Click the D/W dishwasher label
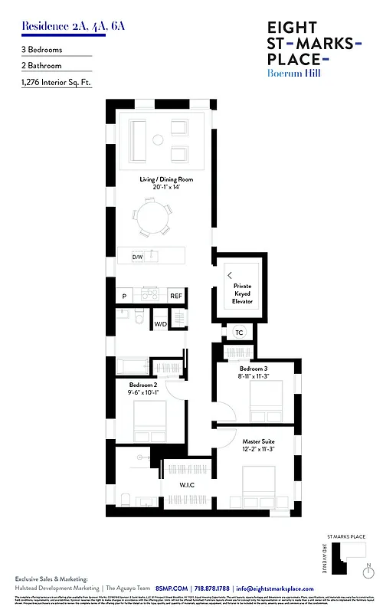point(138,257)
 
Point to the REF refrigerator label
point(175,295)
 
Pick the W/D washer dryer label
point(160,324)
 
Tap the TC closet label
point(239,333)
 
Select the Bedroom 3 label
point(253,372)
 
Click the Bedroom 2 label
point(143,388)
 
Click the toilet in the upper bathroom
point(139,319)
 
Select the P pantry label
point(123,295)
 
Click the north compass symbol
point(369,567)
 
